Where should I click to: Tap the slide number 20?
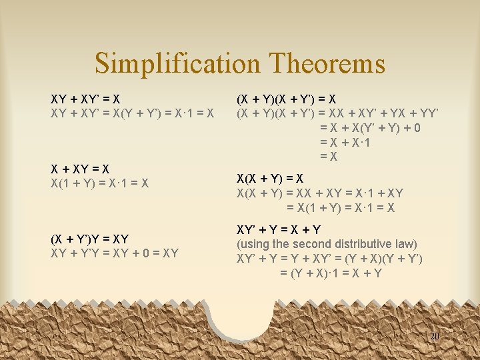point(434,337)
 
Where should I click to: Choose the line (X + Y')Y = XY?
point(89,239)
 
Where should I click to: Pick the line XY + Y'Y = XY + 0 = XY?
point(115,253)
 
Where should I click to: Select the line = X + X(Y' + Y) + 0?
point(370,128)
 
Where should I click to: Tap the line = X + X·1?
point(346,143)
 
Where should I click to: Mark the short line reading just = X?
point(329,157)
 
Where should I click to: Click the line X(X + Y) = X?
point(270,179)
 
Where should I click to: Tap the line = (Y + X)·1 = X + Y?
point(331,273)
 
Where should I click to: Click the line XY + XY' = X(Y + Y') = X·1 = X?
point(133,113)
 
